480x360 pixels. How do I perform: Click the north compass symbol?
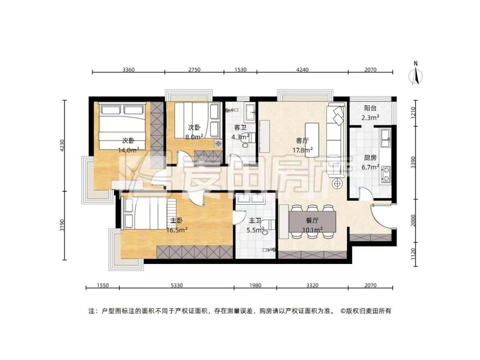(x=416, y=73)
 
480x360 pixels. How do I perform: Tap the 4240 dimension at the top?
(x=302, y=70)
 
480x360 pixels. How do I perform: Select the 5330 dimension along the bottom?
(x=177, y=285)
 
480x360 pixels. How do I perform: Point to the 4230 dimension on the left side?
(x=62, y=146)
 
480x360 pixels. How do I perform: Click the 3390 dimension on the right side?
(x=413, y=162)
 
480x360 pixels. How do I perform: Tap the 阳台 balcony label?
(x=370, y=108)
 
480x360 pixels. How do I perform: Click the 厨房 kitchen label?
(x=370, y=158)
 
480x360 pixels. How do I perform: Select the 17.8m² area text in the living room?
(x=303, y=150)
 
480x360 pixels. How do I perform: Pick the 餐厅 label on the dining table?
(x=312, y=220)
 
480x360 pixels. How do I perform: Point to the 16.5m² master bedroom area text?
(x=177, y=230)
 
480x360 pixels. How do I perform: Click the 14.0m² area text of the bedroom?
(x=128, y=150)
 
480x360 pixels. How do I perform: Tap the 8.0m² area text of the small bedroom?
(x=195, y=137)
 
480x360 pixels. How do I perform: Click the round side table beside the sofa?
(x=337, y=184)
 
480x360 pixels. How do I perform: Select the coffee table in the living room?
(x=312, y=140)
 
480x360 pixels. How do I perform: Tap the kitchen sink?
(x=385, y=138)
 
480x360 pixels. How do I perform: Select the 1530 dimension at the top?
(x=240, y=70)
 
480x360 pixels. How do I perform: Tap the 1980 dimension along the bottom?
(x=255, y=285)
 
